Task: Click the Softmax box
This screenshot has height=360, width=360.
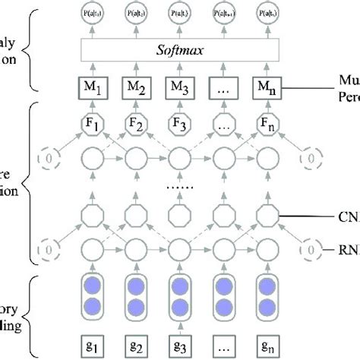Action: click(x=180, y=52)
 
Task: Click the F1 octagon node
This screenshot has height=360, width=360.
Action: click(x=92, y=125)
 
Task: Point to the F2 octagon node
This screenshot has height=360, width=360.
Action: click(x=136, y=125)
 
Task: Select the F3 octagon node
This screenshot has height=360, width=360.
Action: click(x=180, y=125)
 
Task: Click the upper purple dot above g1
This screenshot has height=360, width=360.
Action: click(x=92, y=281)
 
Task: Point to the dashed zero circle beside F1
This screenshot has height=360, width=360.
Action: click(x=47, y=160)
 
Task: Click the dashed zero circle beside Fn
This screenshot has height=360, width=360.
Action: click(x=311, y=160)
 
